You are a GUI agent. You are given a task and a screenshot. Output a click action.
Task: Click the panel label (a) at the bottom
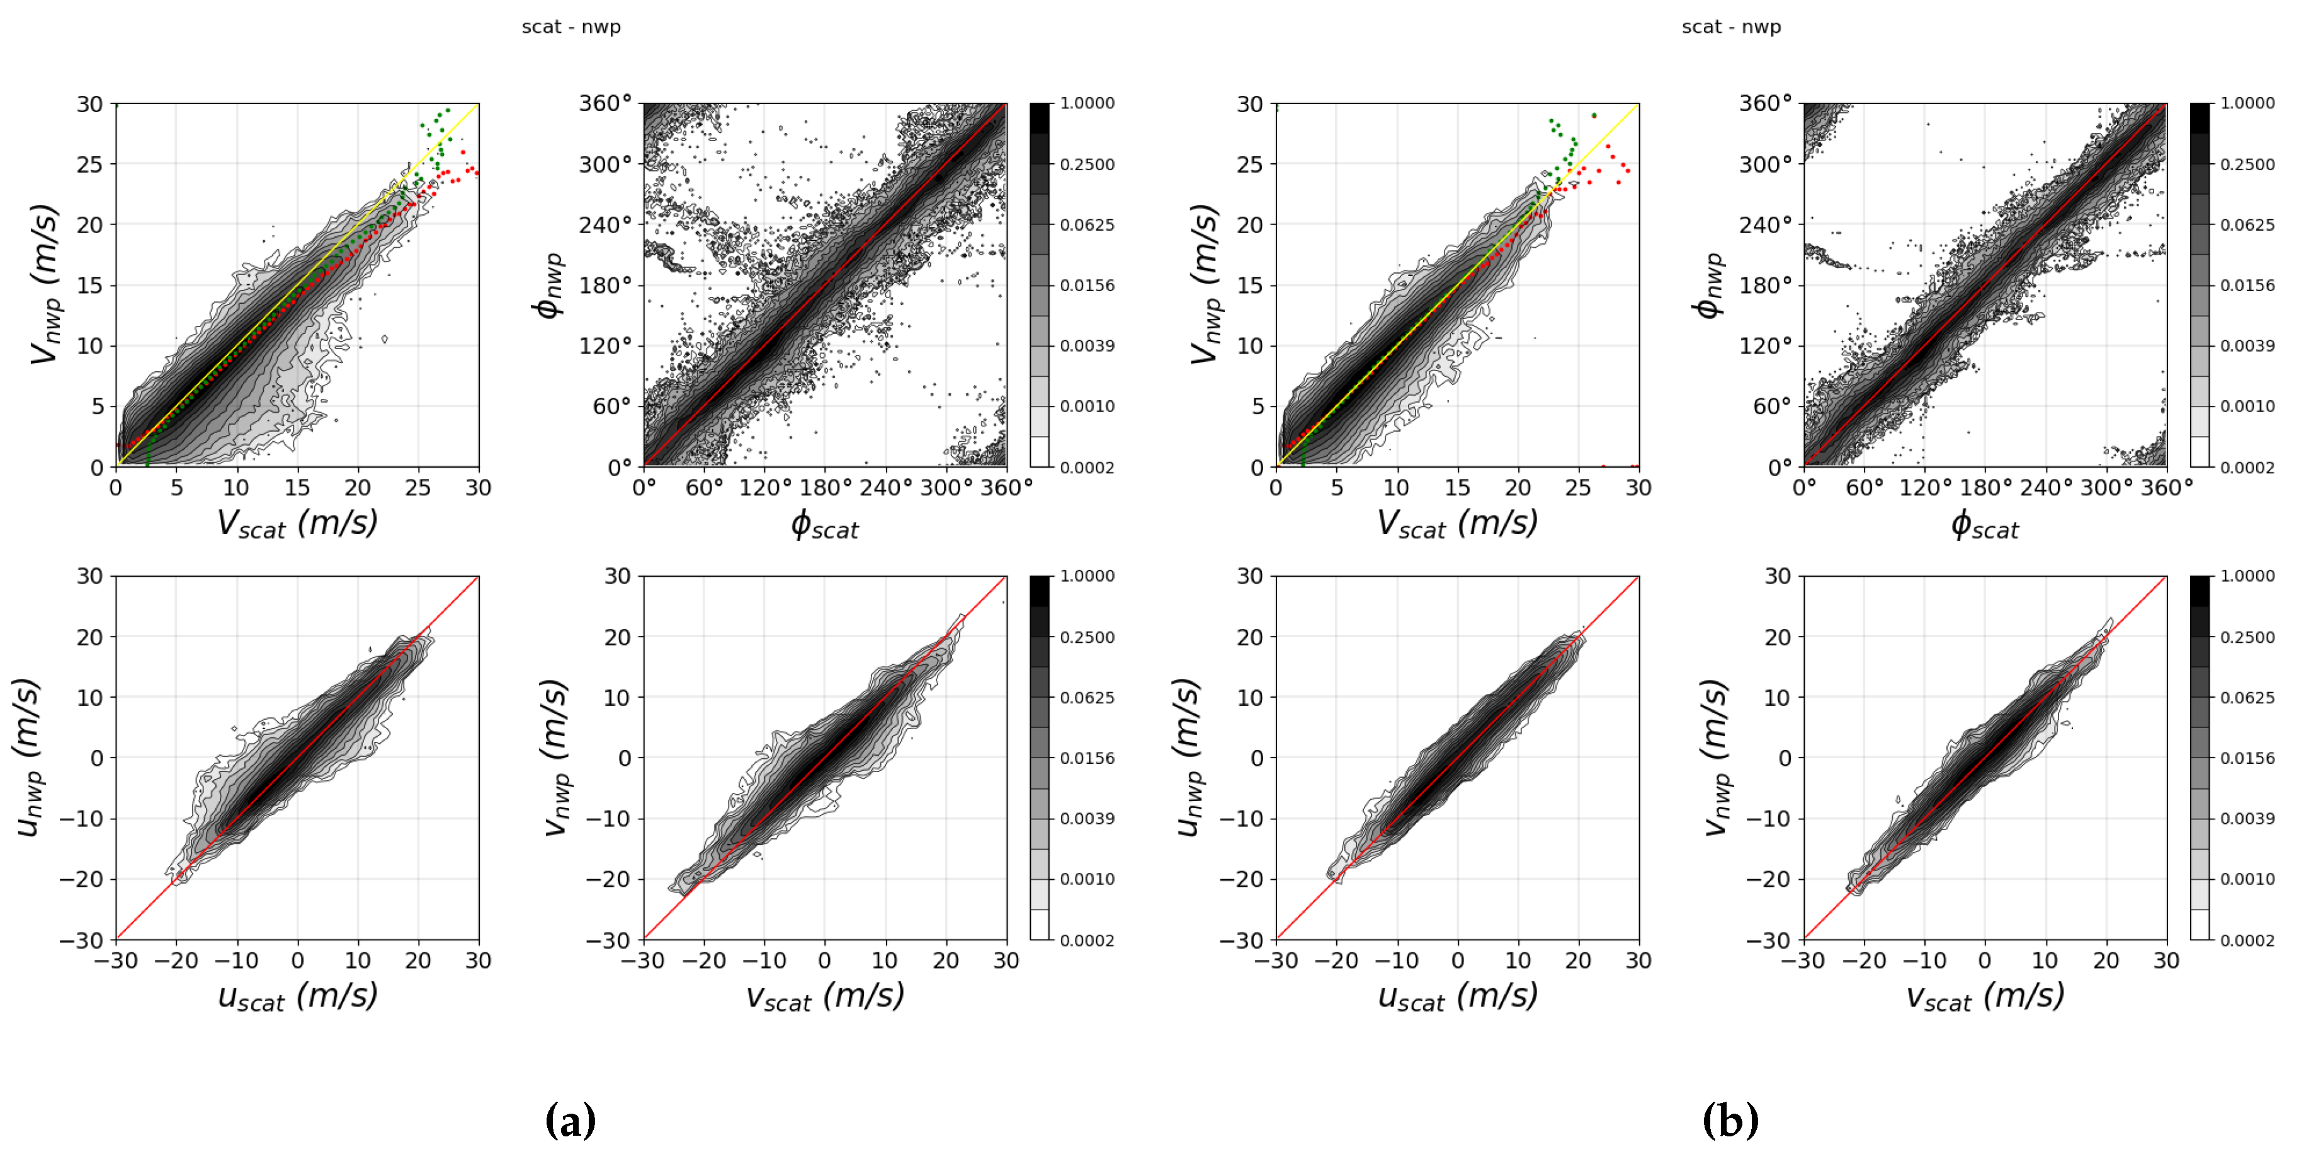570,1121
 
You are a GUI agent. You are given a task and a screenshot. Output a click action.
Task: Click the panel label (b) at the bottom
1730,1121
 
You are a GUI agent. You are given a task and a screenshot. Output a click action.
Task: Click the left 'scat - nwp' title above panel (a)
571,27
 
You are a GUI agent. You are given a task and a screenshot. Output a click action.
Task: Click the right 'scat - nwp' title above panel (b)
1730,27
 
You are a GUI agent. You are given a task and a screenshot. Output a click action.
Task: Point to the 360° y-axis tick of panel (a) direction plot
606,103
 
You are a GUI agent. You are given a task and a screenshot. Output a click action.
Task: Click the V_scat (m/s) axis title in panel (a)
297,523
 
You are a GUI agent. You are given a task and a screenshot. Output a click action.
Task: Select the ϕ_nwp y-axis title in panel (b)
1708,286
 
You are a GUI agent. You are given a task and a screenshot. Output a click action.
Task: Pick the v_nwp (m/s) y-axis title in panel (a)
556,758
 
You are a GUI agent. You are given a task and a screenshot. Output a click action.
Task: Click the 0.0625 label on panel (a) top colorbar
1086,225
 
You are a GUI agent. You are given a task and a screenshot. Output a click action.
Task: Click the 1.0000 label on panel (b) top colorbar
2246,103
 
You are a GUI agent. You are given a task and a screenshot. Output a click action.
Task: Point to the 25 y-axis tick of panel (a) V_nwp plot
89,165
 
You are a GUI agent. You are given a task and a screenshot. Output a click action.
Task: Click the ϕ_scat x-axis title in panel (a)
824,525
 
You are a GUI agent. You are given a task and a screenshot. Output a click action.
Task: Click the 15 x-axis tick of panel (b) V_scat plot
1457,488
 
